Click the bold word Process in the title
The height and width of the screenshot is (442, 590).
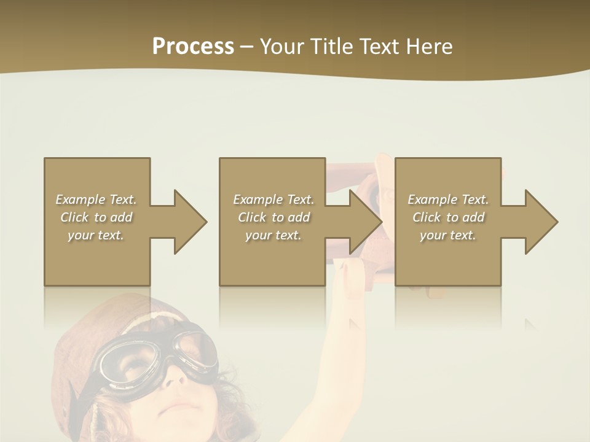tap(193, 47)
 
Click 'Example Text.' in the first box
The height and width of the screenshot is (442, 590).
tap(96, 200)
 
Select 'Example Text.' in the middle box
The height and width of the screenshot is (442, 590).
tap(273, 200)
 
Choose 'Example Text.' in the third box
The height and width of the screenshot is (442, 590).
tap(448, 200)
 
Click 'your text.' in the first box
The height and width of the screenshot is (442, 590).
tap(96, 235)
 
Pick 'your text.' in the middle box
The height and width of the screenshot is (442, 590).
tap(273, 235)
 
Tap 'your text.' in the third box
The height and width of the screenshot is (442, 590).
tap(448, 235)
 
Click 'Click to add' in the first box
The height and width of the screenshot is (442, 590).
tap(96, 217)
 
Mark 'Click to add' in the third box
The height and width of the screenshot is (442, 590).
tap(448, 217)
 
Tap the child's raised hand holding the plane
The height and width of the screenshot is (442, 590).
tap(350, 270)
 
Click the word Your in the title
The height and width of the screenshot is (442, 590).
tap(281, 47)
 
